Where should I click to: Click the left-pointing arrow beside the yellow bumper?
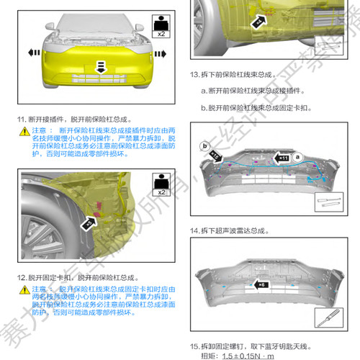point(32,53)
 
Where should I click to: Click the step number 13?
point(194,74)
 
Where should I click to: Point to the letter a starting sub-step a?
point(204,91)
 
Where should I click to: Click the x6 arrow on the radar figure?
point(262,284)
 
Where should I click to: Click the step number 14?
point(194,231)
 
